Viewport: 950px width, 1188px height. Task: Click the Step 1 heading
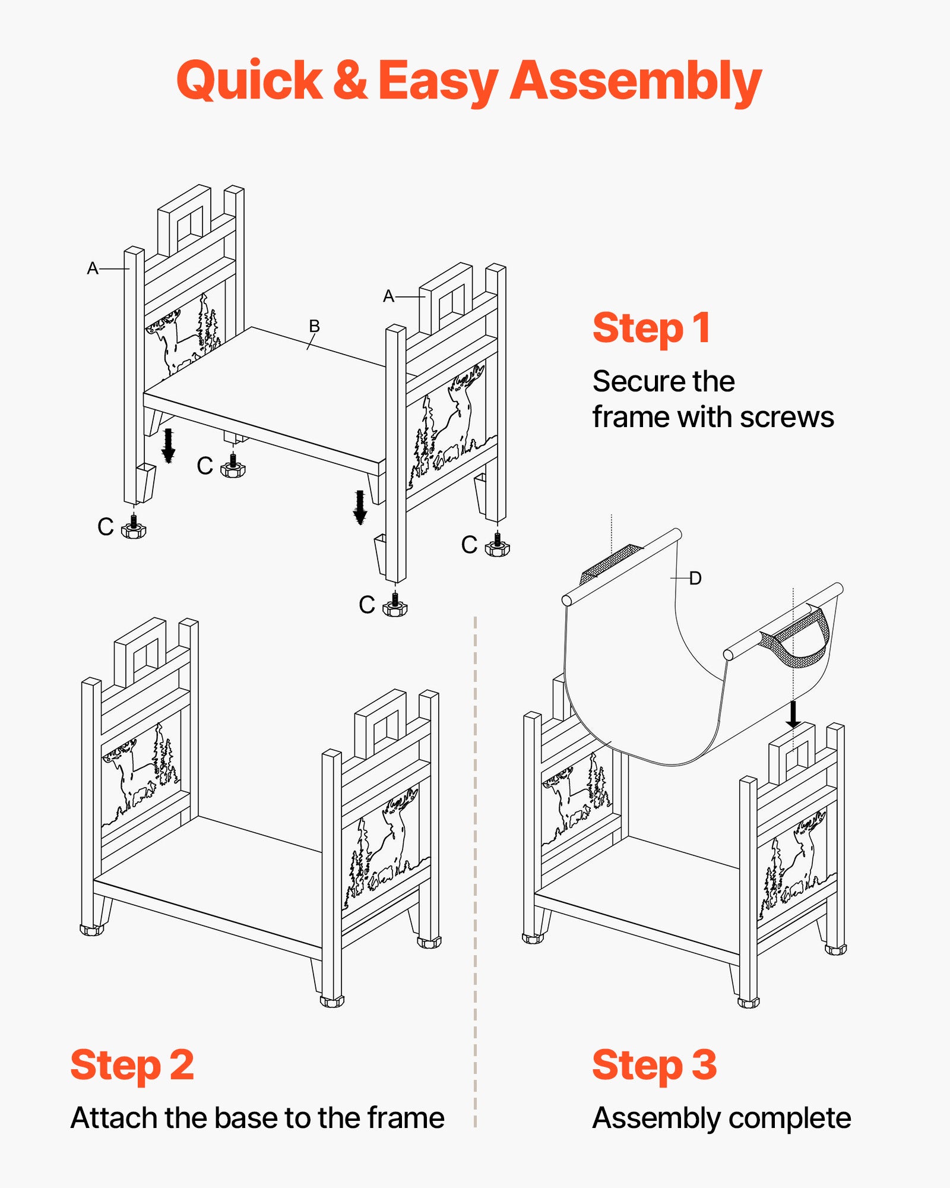pyautogui.click(x=651, y=328)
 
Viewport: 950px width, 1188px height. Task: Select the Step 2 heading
pyautogui.click(x=132, y=1065)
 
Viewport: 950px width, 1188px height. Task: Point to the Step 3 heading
pyautogui.click(x=654, y=1065)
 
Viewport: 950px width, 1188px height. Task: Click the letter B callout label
pyautogui.click(x=314, y=326)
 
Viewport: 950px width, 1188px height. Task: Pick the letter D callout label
pyautogui.click(x=695, y=578)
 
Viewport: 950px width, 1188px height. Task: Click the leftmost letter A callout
pyautogui.click(x=93, y=268)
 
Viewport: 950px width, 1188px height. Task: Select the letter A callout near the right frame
pyautogui.click(x=389, y=296)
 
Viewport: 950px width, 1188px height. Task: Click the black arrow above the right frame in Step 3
pyautogui.click(x=793, y=715)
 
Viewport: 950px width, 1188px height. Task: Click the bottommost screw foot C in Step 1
pyautogui.click(x=395, y=606)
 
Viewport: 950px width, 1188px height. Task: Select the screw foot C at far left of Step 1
pyautogui.click(x=133, y=528)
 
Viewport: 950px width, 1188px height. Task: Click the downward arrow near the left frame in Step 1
pyautogui.click(x=169, y=445)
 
